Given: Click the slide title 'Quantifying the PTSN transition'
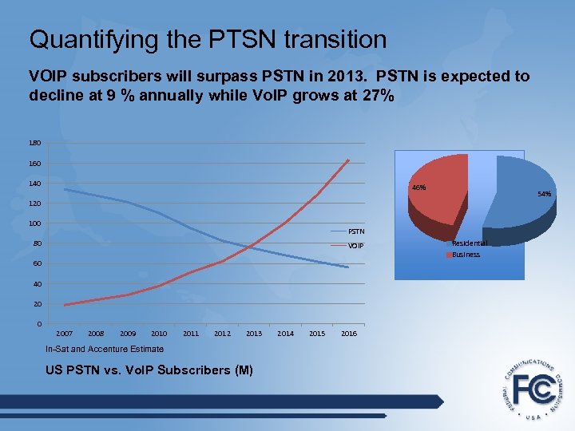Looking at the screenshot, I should (x=208, y=39).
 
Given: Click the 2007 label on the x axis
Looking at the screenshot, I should (x=64, y=333).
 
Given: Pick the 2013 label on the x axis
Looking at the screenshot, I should (x=254, y=333).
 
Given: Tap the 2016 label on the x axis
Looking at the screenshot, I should (x=348, y=333).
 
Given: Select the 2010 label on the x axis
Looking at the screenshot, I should (x=159, y=333).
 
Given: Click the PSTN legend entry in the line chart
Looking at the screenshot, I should (x=355, y=232).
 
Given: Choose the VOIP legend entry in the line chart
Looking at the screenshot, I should (x=355, y=246).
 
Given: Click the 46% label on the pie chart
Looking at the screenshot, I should (x=418, y=188).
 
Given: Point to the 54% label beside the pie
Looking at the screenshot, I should (x=545, y=194).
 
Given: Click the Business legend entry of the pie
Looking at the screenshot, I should (x=465, y=255).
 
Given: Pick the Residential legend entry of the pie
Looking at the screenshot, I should (x=469, y=243).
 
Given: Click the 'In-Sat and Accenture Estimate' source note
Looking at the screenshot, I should (x=105, y=349).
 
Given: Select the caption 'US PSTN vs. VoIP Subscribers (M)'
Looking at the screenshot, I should (x=149, y=370).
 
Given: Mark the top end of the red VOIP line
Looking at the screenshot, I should (x=349, y=160).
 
